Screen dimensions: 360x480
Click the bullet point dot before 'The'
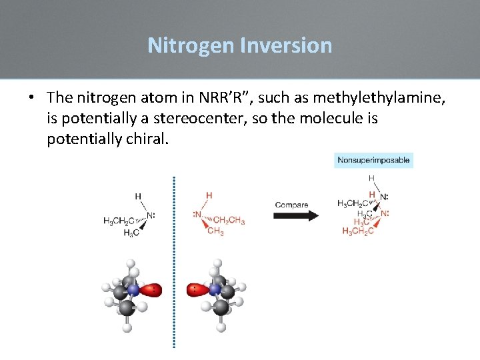pos(32,98)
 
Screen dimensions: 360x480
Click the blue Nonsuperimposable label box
pos(373,160)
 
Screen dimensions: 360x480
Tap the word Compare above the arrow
pos(291,204)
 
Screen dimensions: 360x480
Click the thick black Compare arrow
pos(297,215)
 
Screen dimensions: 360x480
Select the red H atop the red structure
pos(209,195)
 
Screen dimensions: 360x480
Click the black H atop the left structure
pos(138,197)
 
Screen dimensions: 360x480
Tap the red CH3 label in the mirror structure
pos(215,231)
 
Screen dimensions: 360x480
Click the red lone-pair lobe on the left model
pos(152,290)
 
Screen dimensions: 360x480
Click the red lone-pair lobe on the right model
pos(197,290)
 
